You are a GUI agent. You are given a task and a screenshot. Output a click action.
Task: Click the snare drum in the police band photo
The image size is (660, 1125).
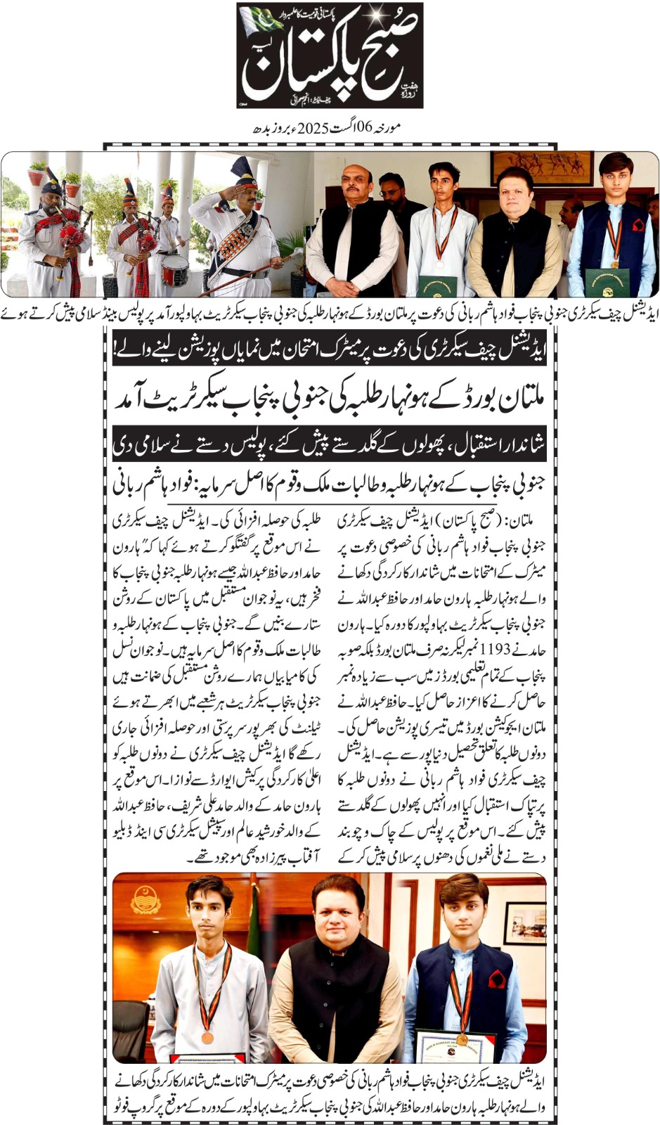click(174, 270)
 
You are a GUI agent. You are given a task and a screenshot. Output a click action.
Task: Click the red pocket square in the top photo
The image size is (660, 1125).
click(638, 225)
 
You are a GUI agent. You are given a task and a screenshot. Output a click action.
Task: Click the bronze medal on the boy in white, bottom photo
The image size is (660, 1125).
click(207, 1037)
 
